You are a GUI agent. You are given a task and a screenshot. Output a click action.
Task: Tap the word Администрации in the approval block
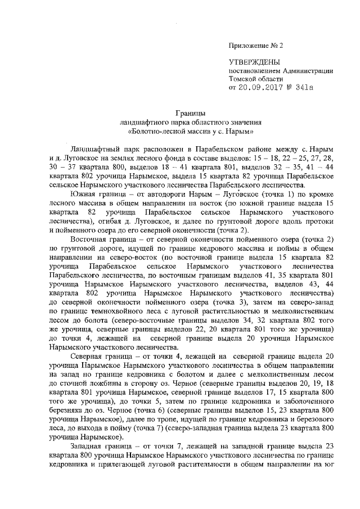[x=304, y=71]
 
